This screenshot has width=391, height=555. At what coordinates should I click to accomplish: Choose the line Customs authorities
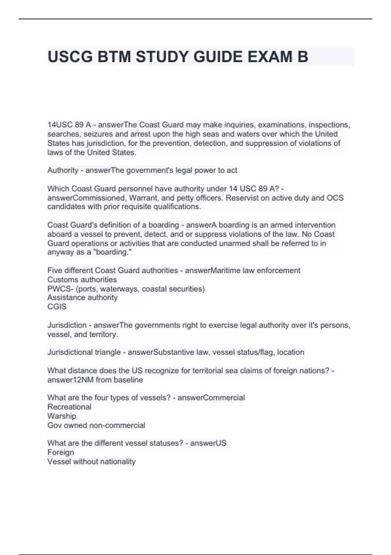[x=82, y=280]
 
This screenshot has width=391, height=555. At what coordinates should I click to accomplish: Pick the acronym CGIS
[x=57, y=307]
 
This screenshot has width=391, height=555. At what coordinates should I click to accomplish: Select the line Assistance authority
[x=82, y=298]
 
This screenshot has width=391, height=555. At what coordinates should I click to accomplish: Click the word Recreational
[x=69, y=407]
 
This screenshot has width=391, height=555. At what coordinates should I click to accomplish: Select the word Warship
[x=62, y=416]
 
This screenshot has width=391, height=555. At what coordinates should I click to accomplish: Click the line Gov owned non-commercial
[x=96, y=425]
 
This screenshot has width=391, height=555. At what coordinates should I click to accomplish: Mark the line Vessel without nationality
[x=91, y=462]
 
